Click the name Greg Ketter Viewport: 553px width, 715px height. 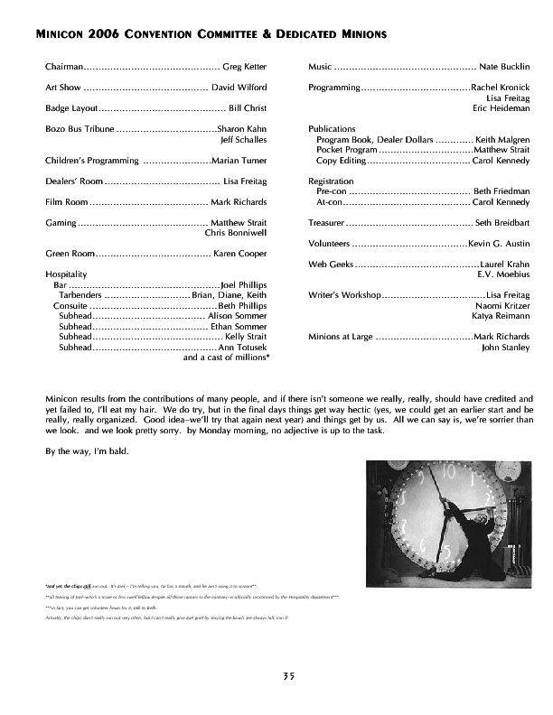(244, 67)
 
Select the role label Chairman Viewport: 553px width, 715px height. (65, 67)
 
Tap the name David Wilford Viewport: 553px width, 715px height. (239, 88)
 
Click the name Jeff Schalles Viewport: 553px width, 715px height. (244, 140)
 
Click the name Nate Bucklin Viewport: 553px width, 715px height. (504, 67)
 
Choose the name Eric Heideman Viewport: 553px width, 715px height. (501, 108)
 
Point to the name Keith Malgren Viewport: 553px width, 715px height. (502, 140)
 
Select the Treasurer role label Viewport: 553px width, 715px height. (325, 222)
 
